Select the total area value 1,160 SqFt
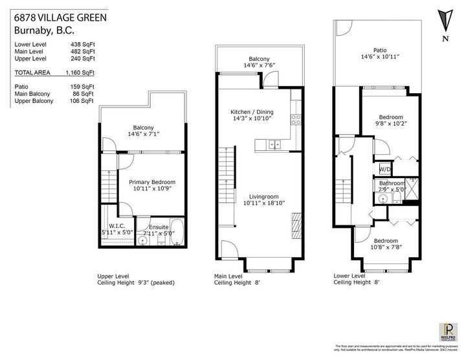[x=80, y=74]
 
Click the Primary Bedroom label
[x=151, y=183]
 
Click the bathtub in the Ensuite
[x=179, y=232]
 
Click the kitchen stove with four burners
[x=297, y=118]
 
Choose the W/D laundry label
[x=385, y=170]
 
